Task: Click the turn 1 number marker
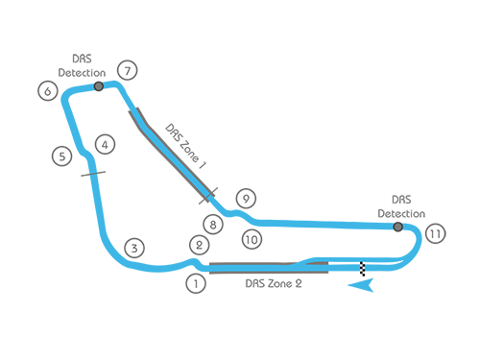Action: [196, 283]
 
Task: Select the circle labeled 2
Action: [199, 245]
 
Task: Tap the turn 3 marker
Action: [134, 248]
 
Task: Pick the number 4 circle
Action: [105, 146]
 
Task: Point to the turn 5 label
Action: [61, 156]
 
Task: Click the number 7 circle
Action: [127, 70]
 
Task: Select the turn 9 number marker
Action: [246, 199]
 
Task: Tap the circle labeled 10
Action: [251, 239]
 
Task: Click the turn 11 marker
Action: [435, 233]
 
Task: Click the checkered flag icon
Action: [363, 271]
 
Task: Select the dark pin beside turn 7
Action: [98, 95]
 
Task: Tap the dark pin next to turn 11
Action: [396, 232]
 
